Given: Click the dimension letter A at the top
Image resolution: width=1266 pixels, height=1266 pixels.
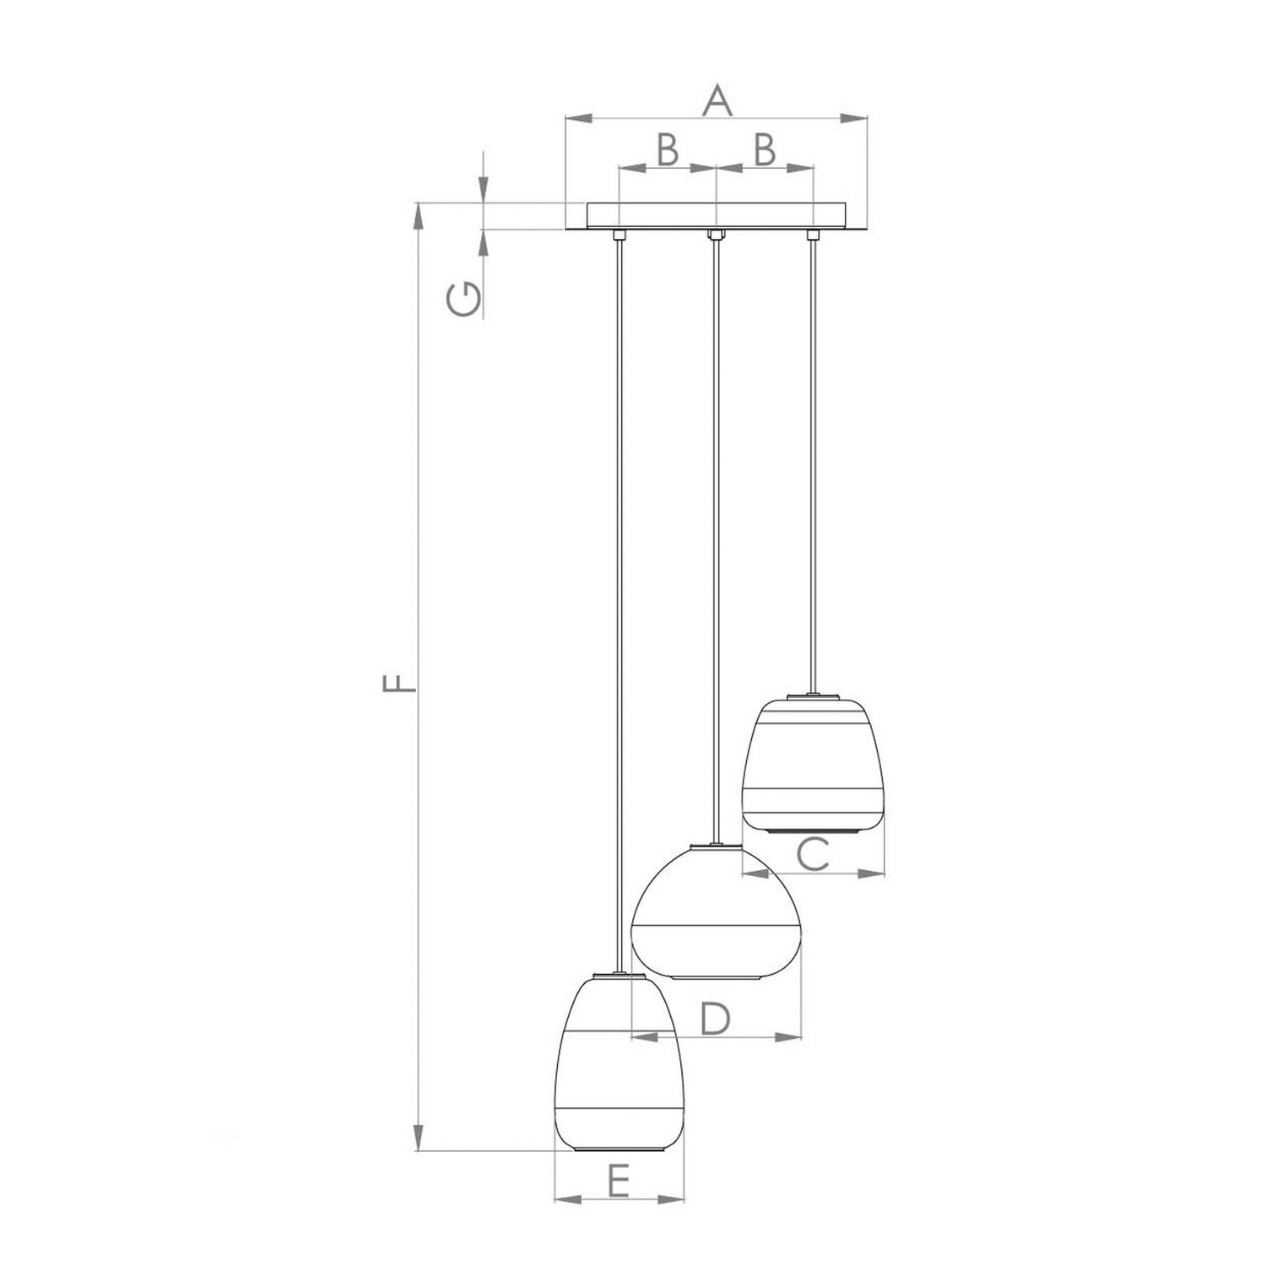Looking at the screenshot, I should [x=716, y=100].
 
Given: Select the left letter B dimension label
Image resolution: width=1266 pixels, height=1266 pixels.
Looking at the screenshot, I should [x=667, y=150].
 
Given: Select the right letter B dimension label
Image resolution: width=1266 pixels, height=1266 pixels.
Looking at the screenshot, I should [x=764, y=150].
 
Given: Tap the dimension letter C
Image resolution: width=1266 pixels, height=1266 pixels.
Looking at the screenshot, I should [x=814, y=855].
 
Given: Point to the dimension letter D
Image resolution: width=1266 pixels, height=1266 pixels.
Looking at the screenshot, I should [x=715, y=1019].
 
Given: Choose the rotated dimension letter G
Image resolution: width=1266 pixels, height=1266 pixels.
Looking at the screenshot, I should [x=466, y=300].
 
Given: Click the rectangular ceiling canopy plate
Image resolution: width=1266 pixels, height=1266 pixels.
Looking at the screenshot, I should [x=716, y=215].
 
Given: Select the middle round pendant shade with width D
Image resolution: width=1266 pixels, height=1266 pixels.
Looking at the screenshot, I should [x=717, y=916].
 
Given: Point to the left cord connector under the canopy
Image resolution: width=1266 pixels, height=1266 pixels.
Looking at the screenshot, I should [x=619, y=234].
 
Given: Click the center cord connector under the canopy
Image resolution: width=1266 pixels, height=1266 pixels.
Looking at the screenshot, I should [x=716, y=234].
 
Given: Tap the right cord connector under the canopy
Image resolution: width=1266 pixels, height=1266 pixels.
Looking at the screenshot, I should [x=813, y=234].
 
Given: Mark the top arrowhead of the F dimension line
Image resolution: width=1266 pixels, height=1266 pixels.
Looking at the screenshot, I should [x=418, y=216].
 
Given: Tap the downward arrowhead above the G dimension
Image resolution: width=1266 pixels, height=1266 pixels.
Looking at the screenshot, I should [x=483, y=189].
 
